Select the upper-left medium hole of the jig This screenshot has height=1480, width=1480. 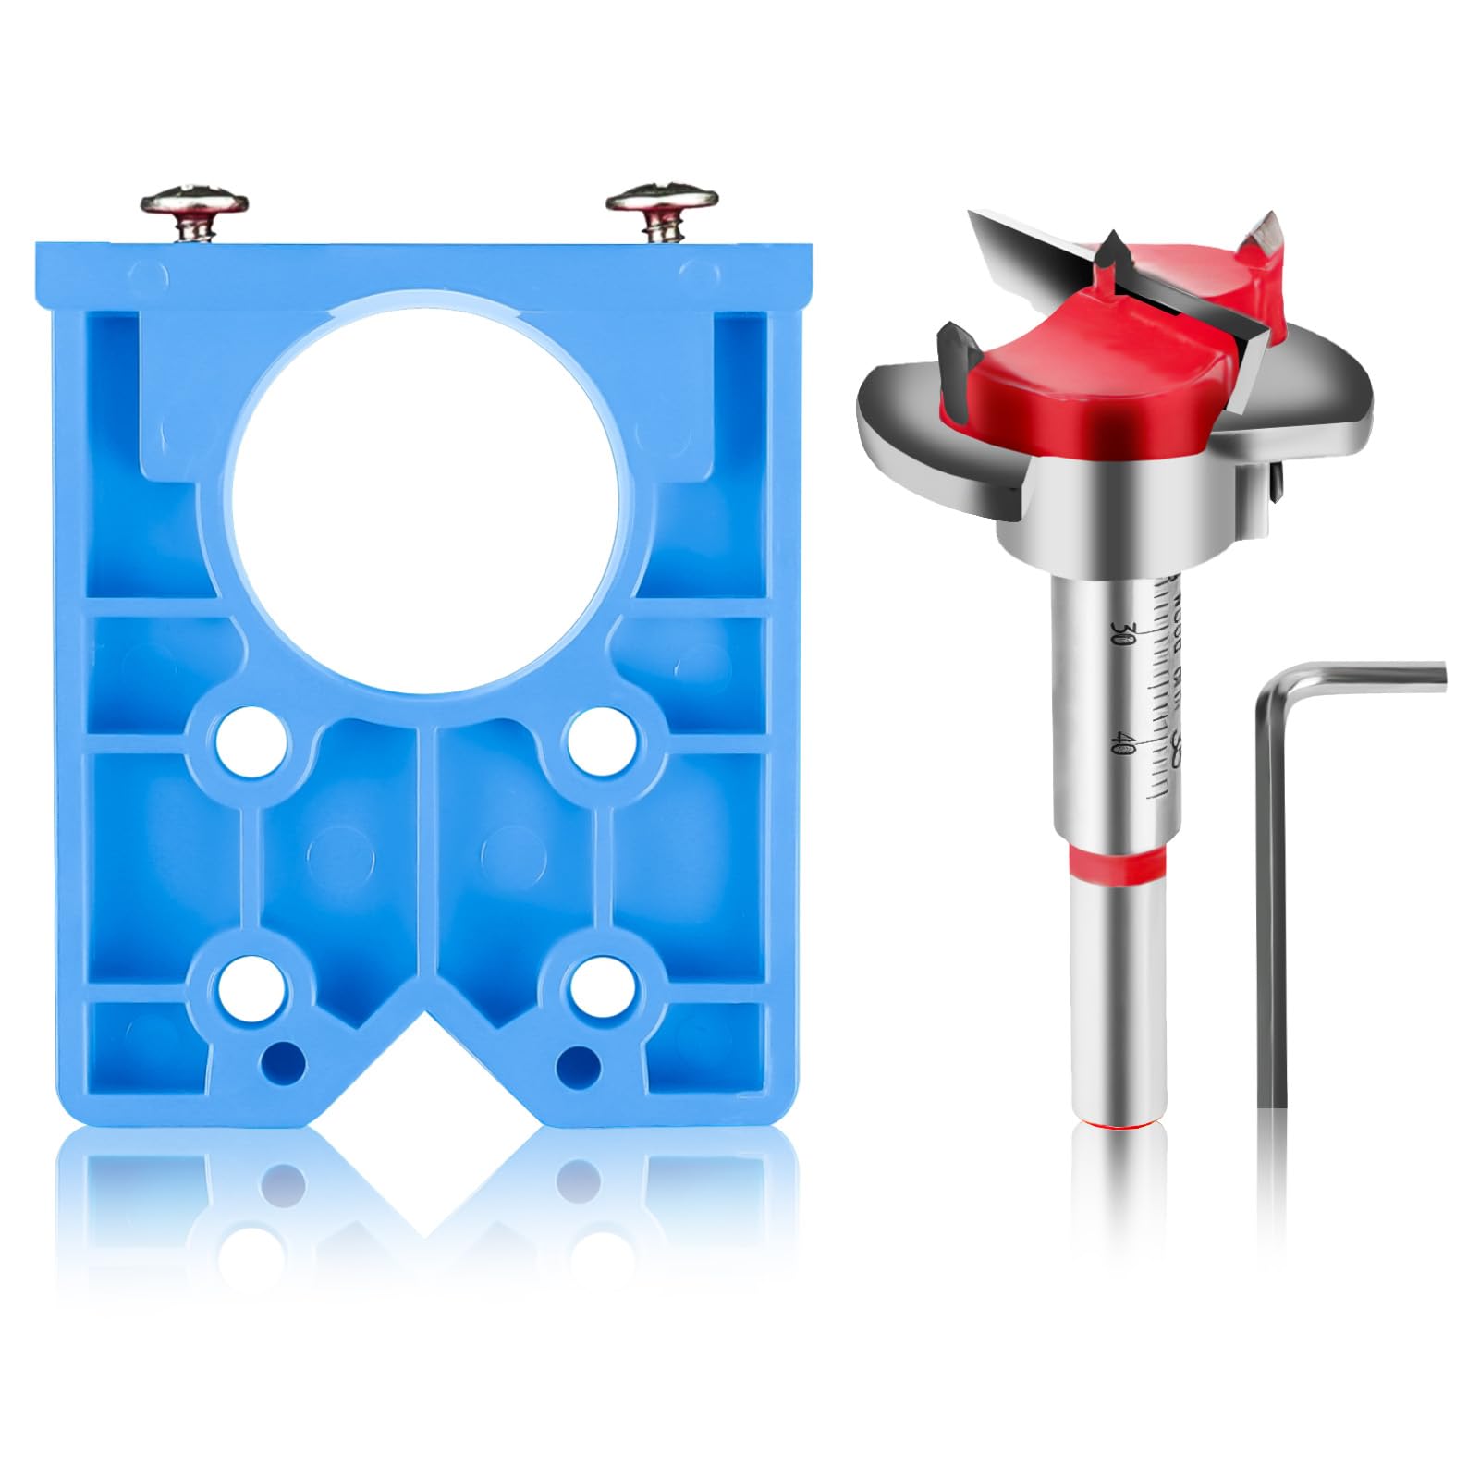(247, 741)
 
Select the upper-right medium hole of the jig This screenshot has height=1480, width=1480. (600, 741)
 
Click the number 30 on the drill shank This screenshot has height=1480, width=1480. (1124, 633)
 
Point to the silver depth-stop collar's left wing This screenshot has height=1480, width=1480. (915, 434)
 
